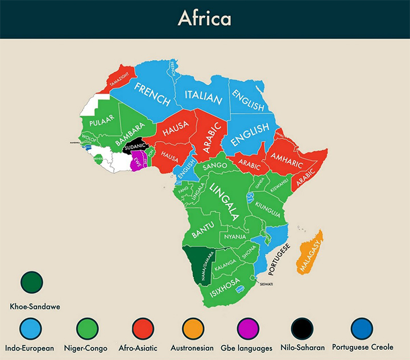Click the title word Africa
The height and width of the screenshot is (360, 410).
pyautogui.click(x=204, y=18)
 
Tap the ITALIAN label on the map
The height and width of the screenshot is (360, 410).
pyautogui.click(x=202, y=98)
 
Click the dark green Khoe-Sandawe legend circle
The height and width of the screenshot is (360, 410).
pyautogui.click(x=32, y=280)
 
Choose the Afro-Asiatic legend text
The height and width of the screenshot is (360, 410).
pyautogui.click(x=142, y=347)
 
